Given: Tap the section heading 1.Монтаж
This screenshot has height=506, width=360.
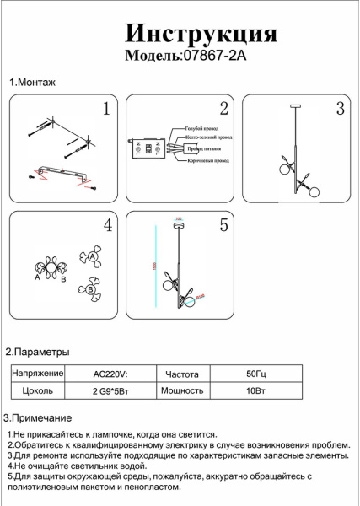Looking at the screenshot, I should pyautogui.click(x=32, y=83).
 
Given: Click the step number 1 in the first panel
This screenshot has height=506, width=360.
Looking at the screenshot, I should pyautogui.click(x=106, y=109).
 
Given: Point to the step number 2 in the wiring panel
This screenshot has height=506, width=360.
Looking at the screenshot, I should pyautogui.click(x=223, y=109).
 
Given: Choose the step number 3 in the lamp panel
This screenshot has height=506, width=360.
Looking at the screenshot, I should pyautogui.click(x=340, y=109).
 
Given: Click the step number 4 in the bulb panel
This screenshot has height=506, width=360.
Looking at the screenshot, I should pyautogui.click(x=107, y=225).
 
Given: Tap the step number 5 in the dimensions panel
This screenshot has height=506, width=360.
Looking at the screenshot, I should pyautogui.click(x=223, y=225).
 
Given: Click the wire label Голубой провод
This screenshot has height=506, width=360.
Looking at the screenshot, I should pyautogui.click(x=203, y=128).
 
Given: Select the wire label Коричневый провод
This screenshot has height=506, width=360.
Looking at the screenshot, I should pyautogui.click(x=207, y=159).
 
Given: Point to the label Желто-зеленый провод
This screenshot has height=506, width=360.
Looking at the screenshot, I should pyautogui.click(x=208, y=137).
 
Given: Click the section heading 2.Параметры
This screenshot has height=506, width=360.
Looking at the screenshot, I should pyautogui.click(x=37, y=352).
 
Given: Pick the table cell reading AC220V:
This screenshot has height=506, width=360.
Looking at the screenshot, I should pyautogui.click(x=110, y=373).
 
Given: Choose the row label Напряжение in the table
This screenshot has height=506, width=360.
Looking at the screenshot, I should pyautogui.click(x=38, y=373).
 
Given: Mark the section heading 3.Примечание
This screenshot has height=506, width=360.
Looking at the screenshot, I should pyautogui.click(x=38, y=418).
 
